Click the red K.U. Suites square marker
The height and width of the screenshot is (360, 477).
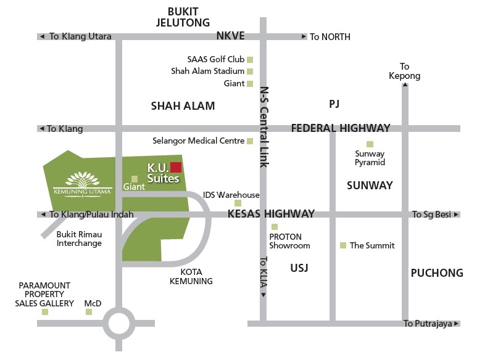click(176, 167)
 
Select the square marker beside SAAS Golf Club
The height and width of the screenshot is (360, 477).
click(250, 60)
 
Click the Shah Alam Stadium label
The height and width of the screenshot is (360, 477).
click(207, 71)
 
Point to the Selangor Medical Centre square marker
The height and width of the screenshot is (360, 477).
click(250, 141)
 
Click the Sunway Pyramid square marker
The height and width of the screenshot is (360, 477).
click(370, 144)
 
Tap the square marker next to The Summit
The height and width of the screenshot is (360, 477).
click(343, 245)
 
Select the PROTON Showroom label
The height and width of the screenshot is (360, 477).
click(289, 241)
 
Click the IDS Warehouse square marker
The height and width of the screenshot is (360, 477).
click(238, 203)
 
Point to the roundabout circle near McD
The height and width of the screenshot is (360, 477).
click(118, 322)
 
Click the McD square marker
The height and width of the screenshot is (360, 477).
click(89, 312)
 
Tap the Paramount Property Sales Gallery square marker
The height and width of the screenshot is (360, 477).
click(44, 312)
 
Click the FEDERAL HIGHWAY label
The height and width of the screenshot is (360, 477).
click(341, 128)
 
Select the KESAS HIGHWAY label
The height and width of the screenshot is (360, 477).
click(271, 214)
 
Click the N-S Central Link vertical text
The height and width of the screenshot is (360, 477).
click(265, 126)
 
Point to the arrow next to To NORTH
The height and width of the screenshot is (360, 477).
click(304, 37)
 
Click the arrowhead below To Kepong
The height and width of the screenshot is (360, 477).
click(405, 86)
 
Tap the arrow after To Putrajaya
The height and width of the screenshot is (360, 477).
click(457, 324)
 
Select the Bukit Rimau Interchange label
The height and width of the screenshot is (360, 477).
click(79, 239)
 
